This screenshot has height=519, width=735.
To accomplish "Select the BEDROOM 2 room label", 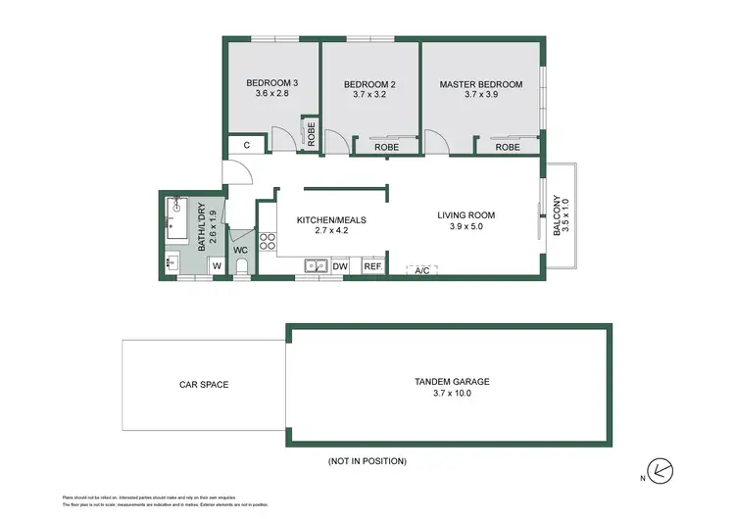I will click(x=368, y=84).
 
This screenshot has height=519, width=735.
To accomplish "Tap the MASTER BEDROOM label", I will click(x=480, y=84).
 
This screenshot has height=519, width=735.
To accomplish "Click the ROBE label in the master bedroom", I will click(x=507, y=147).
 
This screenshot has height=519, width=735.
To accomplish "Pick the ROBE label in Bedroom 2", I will click(x=387, y=147).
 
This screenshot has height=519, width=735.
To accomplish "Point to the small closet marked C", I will click(x=246, y=146).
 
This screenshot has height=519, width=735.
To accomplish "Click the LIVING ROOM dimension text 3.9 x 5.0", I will click(x=466, y=226).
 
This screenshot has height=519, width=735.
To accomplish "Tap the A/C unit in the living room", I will click(x=422, y=269).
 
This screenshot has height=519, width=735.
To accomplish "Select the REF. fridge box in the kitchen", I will click(x=372, y=265).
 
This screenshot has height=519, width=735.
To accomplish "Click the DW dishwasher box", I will click(x=340, y=265).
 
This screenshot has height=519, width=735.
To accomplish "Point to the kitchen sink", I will click(x=314, y=264).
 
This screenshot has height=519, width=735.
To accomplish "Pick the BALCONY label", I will click(x=560, y=213).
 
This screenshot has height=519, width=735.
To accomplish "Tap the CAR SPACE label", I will click(x=203, y=385).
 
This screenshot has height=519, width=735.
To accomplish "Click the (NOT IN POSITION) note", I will click(x=367, y=460).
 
